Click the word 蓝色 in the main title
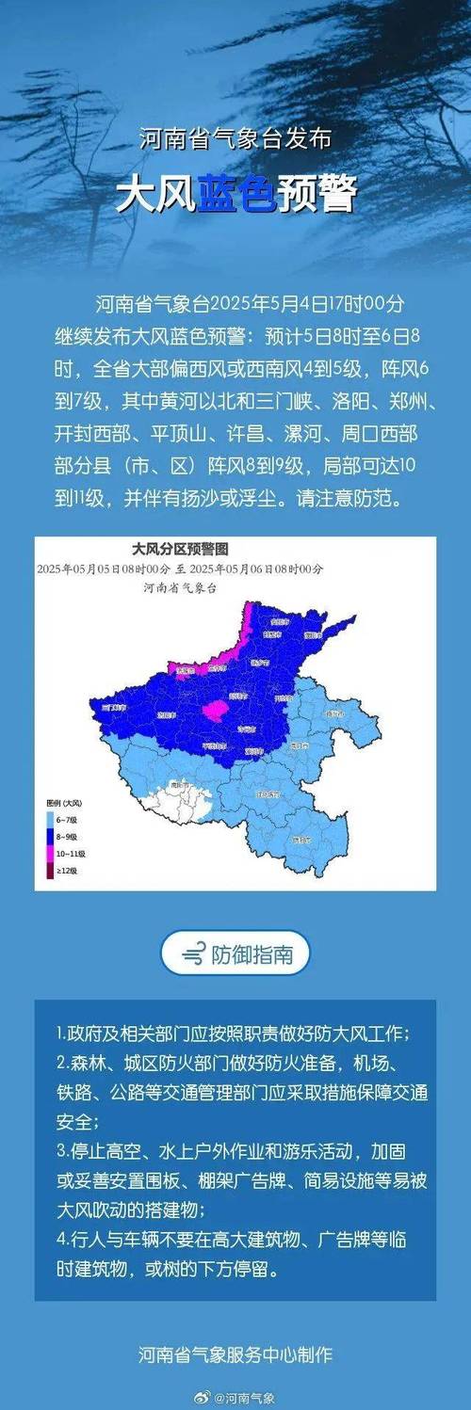click(x=235, y=196)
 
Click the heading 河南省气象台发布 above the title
click(x=235, y=140)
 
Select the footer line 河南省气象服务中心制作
click(x=235, y=1355)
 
